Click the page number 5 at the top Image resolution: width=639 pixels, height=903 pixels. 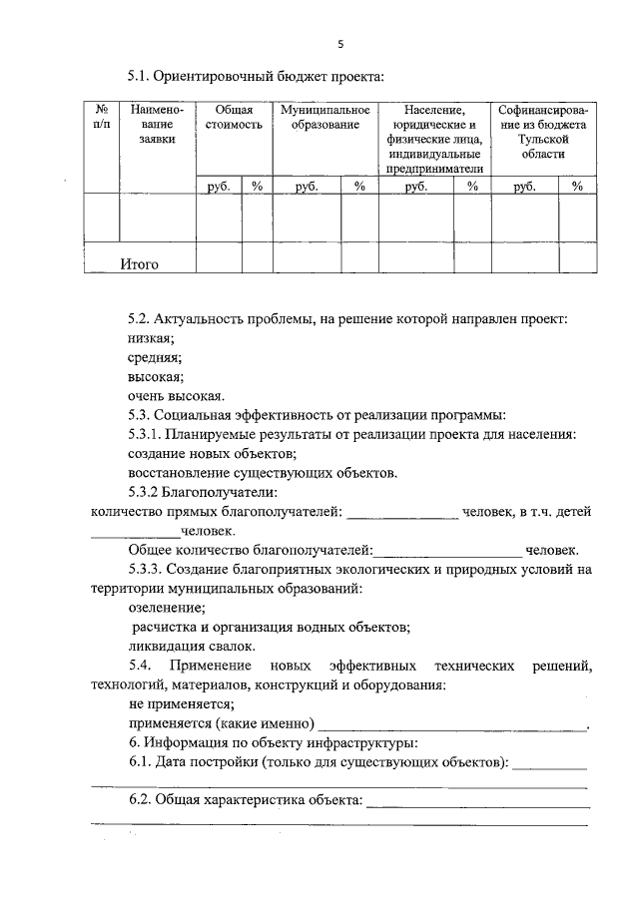click(x=340, y=43)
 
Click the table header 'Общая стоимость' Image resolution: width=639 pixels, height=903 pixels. click(x=234, y=119)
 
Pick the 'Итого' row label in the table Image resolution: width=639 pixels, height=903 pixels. click(x=140, y=264)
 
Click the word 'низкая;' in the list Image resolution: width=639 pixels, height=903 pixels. click(x=151, y=338)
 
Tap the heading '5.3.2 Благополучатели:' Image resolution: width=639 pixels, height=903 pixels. click(x=203, y=491)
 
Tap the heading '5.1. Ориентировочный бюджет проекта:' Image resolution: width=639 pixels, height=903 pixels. click(x=255, y=75)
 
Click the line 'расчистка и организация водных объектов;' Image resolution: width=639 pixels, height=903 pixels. click(x=272, y=627)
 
